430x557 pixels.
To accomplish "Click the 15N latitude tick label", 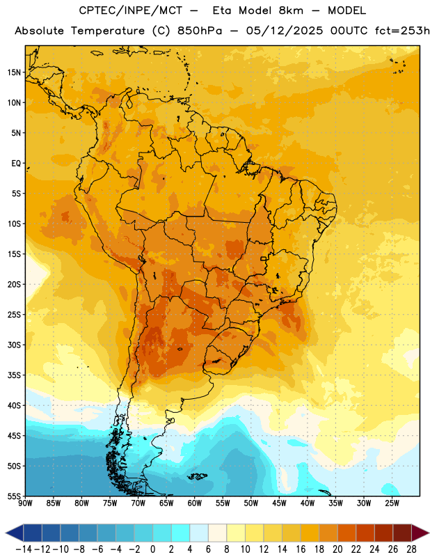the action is pyautogui.click(x=14, y=72).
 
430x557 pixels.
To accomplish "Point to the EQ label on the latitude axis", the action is pyautogui.click(x=16, y=164).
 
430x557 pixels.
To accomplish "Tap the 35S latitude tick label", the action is pyautogui.click(x=14, y=375).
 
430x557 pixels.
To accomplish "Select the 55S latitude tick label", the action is pyautogui.click(x=14, y=496).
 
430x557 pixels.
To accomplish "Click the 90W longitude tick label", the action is pyautogui.click(x=25, y=503).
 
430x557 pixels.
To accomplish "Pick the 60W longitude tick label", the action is pyautogui.click(x=195, y=503).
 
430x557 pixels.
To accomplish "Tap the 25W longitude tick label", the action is pyautogui.click(x=392, y=503).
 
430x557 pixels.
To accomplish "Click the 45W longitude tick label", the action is pyautogui.click(x=279, y=503).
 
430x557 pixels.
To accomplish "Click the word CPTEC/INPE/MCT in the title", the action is pyautogui.click(x=131, y=10).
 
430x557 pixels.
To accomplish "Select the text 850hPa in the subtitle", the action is pyautogui.click(x=200, y=31).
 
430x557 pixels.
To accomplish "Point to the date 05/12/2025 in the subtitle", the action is pyautogui.click(x=285, y=31).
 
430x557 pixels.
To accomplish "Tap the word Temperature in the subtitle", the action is pyautogui.click(x=108, y=31).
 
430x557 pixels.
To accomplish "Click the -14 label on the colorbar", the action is pyautogui.click(x=24, y=549).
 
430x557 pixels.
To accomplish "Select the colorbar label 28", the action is pyautogui.click(x=411, y=549).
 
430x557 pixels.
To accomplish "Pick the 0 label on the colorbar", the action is pyautogui.click(x=152, y=549).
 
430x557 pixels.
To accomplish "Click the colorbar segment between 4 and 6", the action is pyautogui.click(x=199, y=533).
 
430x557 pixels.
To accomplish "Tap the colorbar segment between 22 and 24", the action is pyautogui.click(x=365, y=533).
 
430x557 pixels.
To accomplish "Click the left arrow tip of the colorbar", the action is pyautogui.click(x=6, y=533).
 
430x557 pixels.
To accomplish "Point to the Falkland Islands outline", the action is pyautogui.click(x=197, y=476).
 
